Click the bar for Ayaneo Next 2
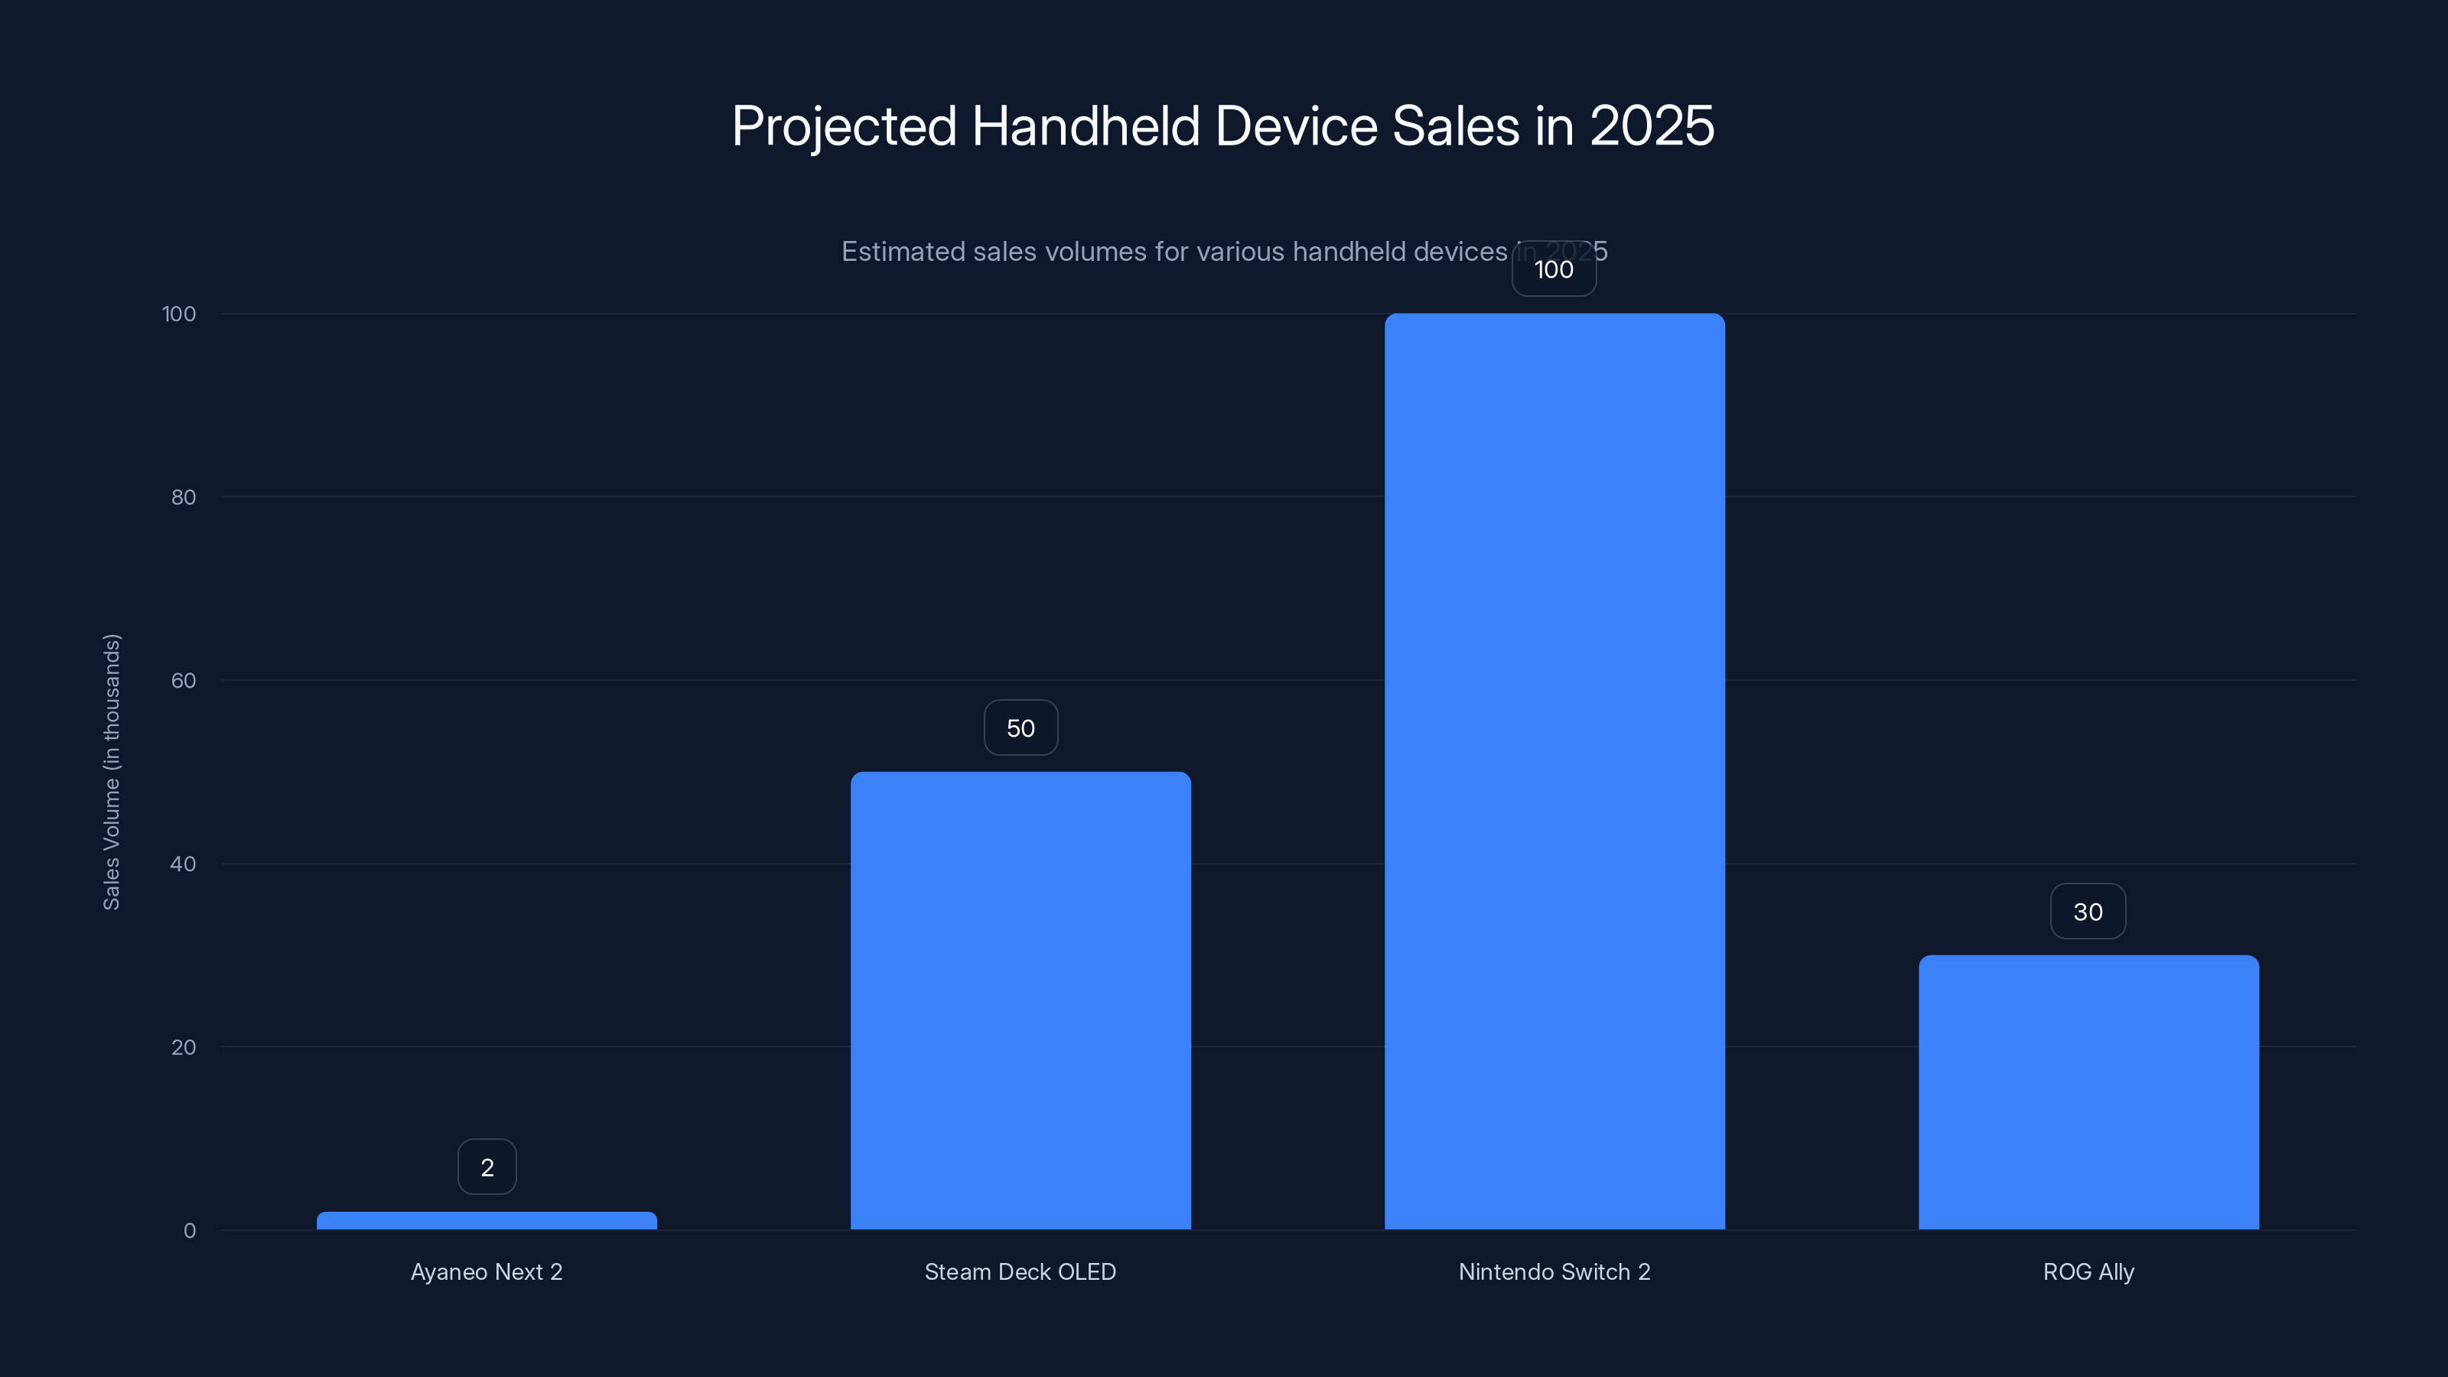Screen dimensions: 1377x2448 tap(487, 1220)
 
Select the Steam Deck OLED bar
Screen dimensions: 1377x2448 tap(1021, 1000)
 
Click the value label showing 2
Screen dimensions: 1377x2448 tap(487, 1167)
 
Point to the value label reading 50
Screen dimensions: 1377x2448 tap(1021, 728)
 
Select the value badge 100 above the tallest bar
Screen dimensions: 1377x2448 tap(1554, 270)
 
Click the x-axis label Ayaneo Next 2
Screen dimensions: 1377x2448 tap(487, 1271)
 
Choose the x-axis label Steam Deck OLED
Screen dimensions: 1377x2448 tap(1021, 1271)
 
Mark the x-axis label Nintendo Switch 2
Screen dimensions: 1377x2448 tap(1554, 1271)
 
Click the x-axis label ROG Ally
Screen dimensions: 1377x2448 tap(2088, 1271)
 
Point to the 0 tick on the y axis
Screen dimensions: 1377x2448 tap(189, 1231)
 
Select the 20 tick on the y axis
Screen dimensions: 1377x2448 tap(184, 1047)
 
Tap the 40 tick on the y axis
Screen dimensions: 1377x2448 tap(184, 864)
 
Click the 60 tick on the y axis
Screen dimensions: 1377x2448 tap(184, 680)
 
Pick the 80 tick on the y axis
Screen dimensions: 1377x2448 tap(184, 497)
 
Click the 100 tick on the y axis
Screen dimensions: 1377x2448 tap(179, 314)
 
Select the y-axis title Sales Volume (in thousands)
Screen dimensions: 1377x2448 tap(111, 772)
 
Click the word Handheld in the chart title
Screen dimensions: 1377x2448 tap(1086, 126)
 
